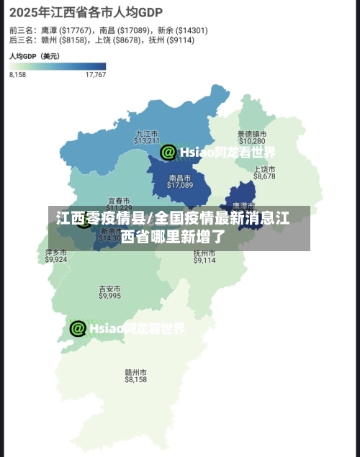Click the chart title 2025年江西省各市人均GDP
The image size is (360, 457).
tap(86, 12)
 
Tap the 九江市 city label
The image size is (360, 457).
tap(147, 133)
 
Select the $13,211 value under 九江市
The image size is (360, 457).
tap(147, 140)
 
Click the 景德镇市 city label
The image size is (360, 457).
tap(252, 133)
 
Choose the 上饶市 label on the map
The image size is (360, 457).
tap(265, 168)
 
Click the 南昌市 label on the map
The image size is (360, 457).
tap(180, 177)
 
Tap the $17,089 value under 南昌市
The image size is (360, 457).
tap(180, 185)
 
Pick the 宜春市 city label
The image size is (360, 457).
tap(119, 200)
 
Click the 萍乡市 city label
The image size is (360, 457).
tap(56, 253)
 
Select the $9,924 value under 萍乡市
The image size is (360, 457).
tap(56, 260)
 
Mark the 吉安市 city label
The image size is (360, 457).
tap(110, 289)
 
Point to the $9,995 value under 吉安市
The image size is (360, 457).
tap(110, 296)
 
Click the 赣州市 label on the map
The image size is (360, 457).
tap(136, 372)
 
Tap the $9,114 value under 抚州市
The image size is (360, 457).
tap(204, 261)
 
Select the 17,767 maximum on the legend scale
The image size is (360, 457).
tap(96, 75)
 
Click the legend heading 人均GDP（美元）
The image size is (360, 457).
tap(35, 55)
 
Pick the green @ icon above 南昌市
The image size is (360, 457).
tap(168, 152)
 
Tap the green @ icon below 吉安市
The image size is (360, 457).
tap(78, 328)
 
